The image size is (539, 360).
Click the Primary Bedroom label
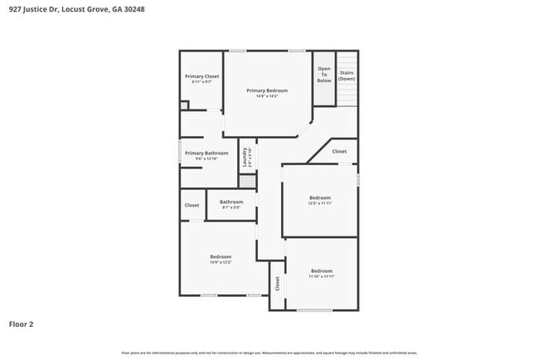coord(267,90)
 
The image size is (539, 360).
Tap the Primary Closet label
coord(202,76)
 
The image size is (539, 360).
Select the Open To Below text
coord(323,75)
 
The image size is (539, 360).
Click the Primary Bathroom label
coord(206,153)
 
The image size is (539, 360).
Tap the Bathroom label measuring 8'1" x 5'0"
coord(231,202)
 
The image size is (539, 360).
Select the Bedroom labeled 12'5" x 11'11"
coord(320,197)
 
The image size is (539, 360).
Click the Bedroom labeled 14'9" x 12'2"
coord(221,256)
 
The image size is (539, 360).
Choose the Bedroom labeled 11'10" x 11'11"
coord(322,270)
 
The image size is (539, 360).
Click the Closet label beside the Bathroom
coord(192,205)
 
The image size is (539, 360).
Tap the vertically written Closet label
coord(277,283)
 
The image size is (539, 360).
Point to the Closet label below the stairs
coord(339,152)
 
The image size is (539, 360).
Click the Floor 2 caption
coord(22,324)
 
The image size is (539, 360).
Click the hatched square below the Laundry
coord(245,180)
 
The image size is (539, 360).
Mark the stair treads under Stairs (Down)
coord(347,95)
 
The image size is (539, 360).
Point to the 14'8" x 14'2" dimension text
coord(267,96)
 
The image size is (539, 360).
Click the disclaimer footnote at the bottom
coord(269,353)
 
